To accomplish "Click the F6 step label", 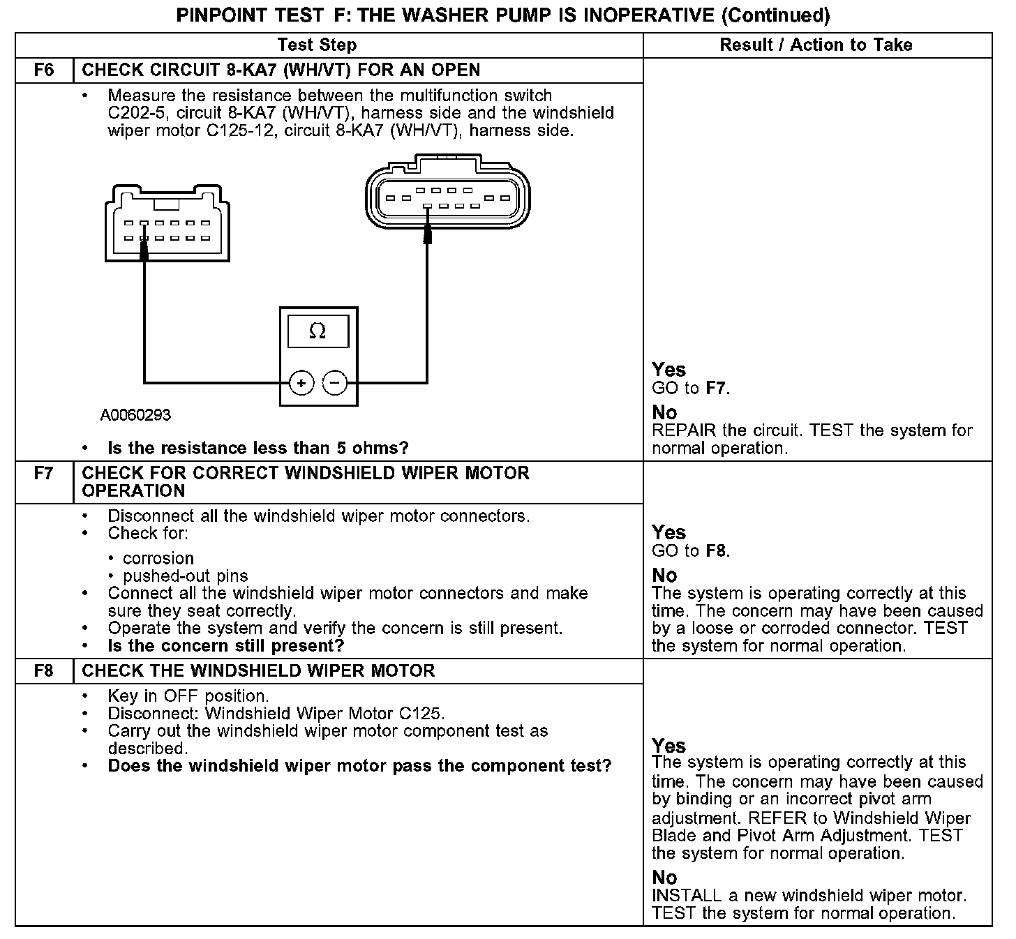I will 44,70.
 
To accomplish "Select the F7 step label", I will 44,473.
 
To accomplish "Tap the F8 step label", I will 44,671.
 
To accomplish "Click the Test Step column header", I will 317,45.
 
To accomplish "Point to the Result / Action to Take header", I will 816,45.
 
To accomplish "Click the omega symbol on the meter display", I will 317,331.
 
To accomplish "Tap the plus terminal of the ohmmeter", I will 301,383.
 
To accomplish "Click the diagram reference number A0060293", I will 135,415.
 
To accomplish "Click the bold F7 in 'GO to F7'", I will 716,389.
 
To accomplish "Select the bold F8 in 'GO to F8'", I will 716,551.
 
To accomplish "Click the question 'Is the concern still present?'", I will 226,645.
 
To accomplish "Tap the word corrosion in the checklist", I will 158,558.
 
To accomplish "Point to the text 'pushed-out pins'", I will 185,576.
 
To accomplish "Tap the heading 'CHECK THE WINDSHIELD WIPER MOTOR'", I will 258,671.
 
